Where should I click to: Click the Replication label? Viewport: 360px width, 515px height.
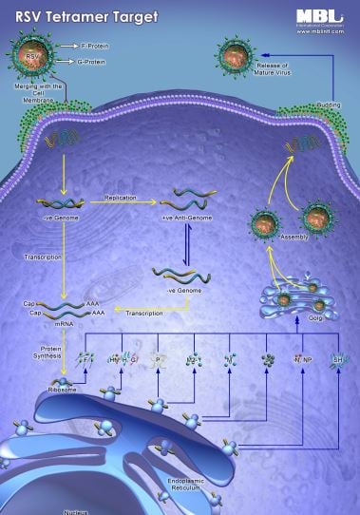pos(122,198)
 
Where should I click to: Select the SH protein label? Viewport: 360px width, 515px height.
pos(337,360)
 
